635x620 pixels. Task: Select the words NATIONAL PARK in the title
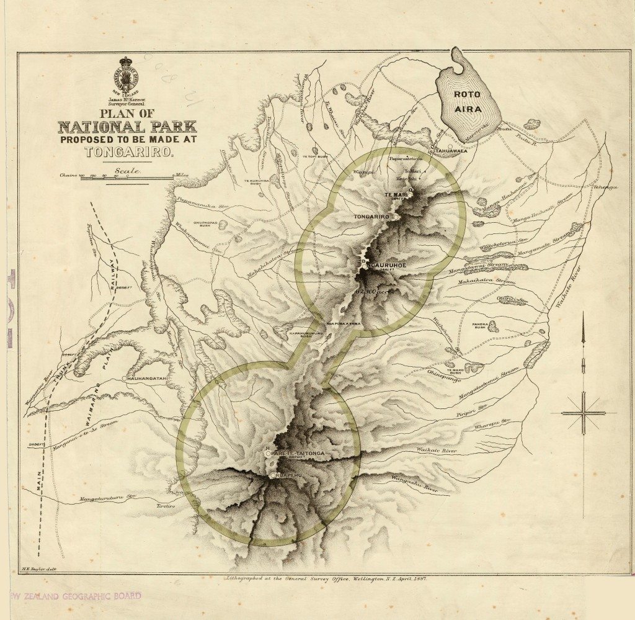127,128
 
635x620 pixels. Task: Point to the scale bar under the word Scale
118,177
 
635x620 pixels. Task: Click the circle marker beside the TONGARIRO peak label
395,217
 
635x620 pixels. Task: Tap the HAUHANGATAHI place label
150,378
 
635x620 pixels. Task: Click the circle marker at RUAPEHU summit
272,475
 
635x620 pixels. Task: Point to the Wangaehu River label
415,483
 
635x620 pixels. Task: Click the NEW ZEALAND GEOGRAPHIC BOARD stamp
74,596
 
